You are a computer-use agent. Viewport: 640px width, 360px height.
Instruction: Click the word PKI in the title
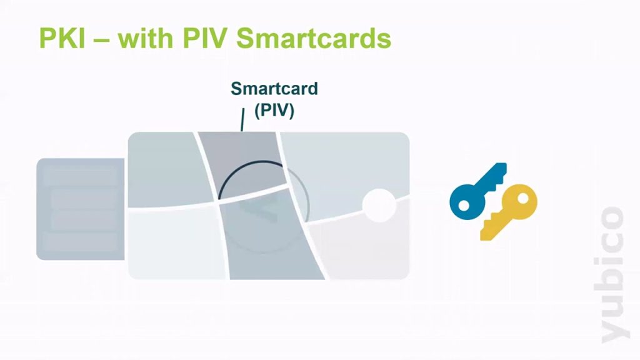click(62, 38)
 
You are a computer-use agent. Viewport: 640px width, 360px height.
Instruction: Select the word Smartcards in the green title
click(314, 38)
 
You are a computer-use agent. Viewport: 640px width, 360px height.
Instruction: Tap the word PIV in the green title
click(206, 38)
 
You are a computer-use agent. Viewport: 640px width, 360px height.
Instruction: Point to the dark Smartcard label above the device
click(274, 89)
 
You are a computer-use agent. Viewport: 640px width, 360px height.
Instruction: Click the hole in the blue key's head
click(464, 205)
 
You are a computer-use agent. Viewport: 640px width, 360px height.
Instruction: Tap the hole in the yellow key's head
click(523, 199)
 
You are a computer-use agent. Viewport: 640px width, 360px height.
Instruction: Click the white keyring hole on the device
click(379, 205)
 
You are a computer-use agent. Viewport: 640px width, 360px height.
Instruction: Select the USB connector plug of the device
click(81, 209)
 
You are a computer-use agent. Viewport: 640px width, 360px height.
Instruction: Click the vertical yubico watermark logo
click(613, 275)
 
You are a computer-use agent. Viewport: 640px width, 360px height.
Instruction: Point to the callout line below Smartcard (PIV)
click(243, 119)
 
